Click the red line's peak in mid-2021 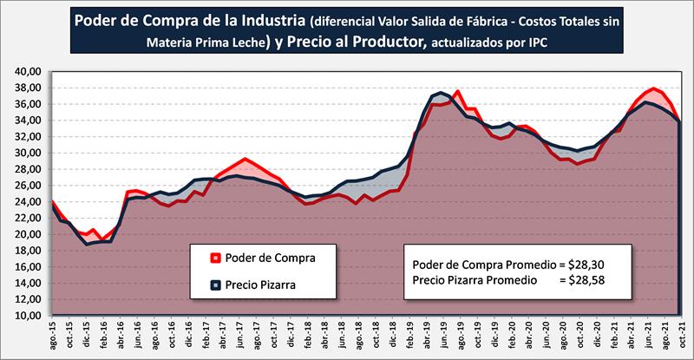point(654,88)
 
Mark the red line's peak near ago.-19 point(458,91)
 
